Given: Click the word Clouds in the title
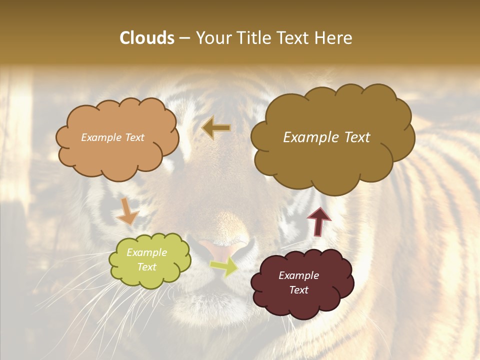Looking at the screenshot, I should click(x=146, y=38).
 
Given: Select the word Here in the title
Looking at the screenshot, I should click(x=334, y=38).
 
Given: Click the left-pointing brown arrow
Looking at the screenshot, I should click(x=216, y=128).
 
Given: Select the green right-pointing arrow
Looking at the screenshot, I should click(x=224, y=266).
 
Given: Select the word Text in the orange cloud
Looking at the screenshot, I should click(x=134, y=137).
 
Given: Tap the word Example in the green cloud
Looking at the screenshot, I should click(x=147, y=252).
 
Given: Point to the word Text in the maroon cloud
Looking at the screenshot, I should click(x=298, y=290).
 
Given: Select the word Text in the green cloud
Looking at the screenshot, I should click(x=147, y=267).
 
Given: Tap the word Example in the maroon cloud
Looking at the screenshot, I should click(x=298, y=275).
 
